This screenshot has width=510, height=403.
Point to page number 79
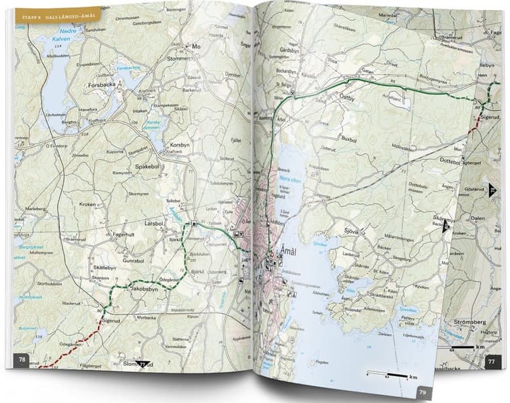point(422,392)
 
